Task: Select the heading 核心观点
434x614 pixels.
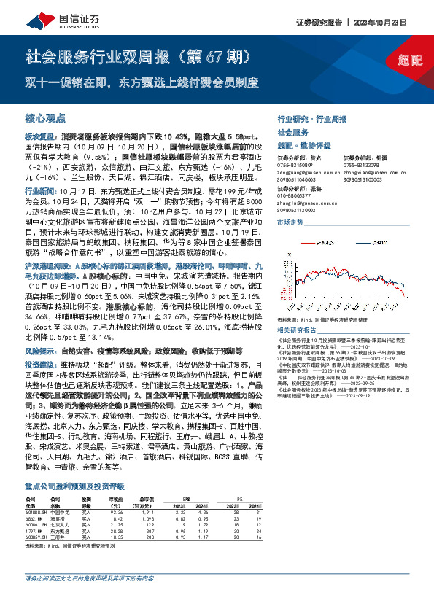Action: pos(43,117)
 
